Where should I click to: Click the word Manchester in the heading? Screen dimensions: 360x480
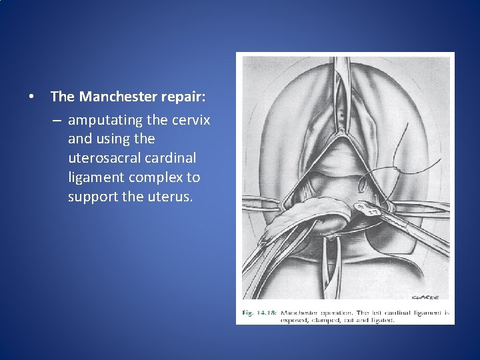118,97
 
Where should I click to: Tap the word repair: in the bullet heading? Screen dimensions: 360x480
183,97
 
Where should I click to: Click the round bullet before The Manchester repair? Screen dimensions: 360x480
31,97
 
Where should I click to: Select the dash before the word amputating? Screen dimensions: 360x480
58,120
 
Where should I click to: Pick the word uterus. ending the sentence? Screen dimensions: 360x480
168,197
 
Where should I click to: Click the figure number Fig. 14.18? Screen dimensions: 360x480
259,312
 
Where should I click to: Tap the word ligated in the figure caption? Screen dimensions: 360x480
381,320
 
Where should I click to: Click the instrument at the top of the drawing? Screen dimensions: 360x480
342,73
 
